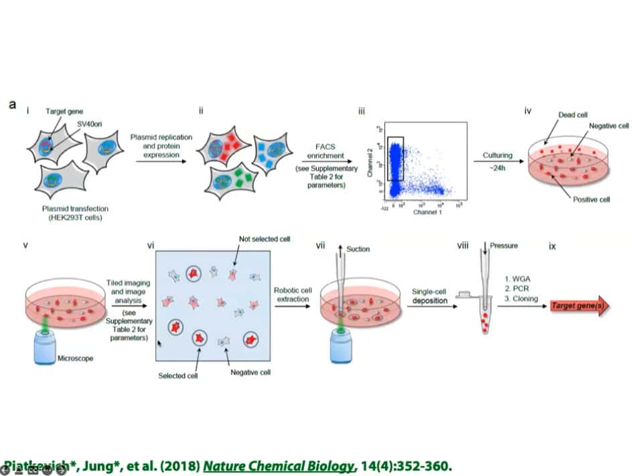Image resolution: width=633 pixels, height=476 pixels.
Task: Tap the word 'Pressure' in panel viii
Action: coord(504,246)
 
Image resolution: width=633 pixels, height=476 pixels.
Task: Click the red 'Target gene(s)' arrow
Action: coord(582,306)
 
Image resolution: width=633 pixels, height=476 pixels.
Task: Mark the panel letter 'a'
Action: coord(13,105)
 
